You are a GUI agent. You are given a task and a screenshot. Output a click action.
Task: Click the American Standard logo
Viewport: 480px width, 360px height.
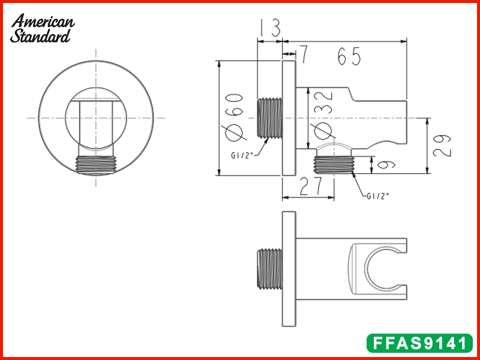pyautogui.click(x=43, y=28)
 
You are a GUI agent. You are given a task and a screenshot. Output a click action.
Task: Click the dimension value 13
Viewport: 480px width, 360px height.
pyautogui.click(x=271, y=28)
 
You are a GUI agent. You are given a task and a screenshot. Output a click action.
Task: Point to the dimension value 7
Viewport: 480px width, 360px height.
pyautogui.click(x=304, y=55)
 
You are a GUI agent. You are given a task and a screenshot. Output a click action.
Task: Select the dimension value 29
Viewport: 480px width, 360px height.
pyautogui.click(x=441, y=145)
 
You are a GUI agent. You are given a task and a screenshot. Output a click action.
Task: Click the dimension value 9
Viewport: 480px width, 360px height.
pyautogui.click(x=382, y=164)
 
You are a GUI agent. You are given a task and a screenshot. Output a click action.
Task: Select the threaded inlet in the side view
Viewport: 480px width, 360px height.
pyautogui.click(x=269, y=118)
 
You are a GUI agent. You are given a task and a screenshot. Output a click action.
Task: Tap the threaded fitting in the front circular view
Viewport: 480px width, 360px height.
pyautogui.click(x=96, y=165)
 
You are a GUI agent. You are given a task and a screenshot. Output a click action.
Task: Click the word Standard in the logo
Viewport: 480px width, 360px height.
pyautogui.click(x=40, y=36)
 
